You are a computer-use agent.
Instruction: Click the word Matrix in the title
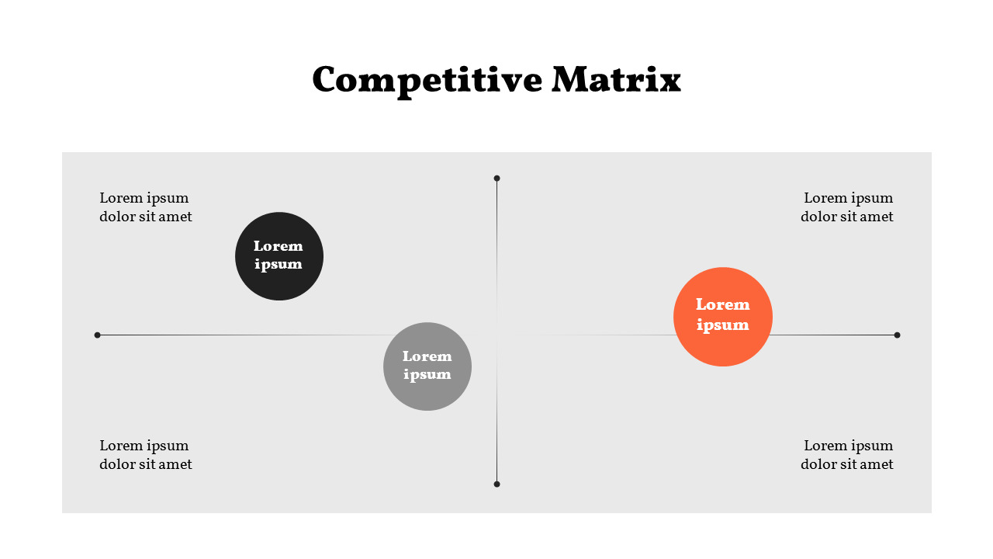(x=616, y=79)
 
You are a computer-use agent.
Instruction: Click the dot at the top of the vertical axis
(x=496, y=179)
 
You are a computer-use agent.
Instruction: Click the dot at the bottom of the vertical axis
(x=496, y=484)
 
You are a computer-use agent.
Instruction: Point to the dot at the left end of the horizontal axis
(x=98, y=335)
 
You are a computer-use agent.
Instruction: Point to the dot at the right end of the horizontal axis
(x=897, y=335)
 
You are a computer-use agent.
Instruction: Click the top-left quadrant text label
(x=145, y=207)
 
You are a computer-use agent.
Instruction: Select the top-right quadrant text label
(x=847, y=207)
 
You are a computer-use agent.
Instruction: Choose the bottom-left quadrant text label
(x=145, y=455)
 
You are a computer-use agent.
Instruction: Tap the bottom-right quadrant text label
(x=847, y=455)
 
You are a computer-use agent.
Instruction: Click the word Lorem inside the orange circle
(x=723, y=304)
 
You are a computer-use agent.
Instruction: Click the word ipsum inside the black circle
(x=279, y=265)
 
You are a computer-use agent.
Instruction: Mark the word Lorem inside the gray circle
(x=427, y=356)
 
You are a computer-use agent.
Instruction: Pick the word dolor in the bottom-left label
(x=117, y=464)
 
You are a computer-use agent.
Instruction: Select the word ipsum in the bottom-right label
(x=871, y=446)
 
